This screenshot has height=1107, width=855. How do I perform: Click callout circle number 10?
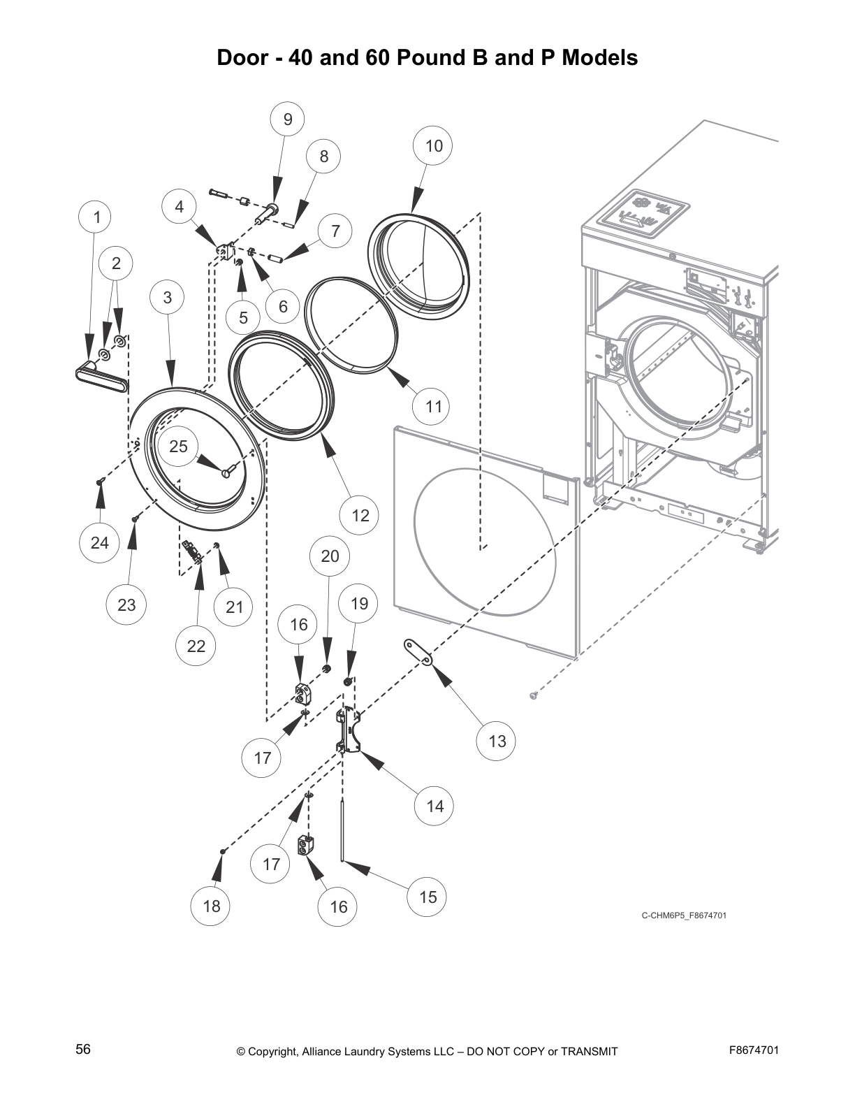pos(434,145)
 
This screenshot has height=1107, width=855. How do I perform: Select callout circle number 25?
pos(179,446)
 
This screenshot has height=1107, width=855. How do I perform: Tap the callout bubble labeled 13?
pos(497,741)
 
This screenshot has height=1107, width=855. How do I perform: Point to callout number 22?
pos(196,646)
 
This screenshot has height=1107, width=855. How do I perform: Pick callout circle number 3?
pos(168,297)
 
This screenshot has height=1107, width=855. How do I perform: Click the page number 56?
pos(83,1049)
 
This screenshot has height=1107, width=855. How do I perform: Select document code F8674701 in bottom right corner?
pos(754,1050)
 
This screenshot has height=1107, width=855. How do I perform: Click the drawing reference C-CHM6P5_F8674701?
pos(684,916)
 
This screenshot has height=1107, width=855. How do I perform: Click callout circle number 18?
pos(212,906)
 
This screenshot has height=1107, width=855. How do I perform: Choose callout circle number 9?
pos(288,120)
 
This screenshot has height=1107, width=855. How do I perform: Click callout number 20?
pos(330,556)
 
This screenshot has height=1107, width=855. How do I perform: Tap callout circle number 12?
pos(360,516)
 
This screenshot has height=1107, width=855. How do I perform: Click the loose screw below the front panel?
pos(535,694)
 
